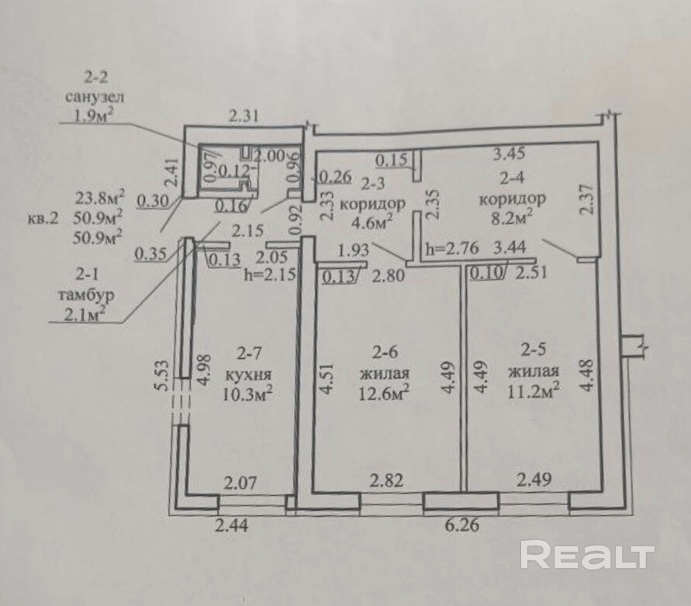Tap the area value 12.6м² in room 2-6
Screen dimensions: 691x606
[x=384, y=394]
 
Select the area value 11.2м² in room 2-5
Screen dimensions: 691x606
[x=534, y=391]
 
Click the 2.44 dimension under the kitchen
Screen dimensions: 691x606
[x=233, y=525]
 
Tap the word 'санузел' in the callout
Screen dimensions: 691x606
[x=95, y=98]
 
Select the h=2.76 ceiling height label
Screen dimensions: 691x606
[x=452, y=249]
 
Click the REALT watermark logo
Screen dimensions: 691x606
[x=587, y=555]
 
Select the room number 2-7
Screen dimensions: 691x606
[x=250, y=355]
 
